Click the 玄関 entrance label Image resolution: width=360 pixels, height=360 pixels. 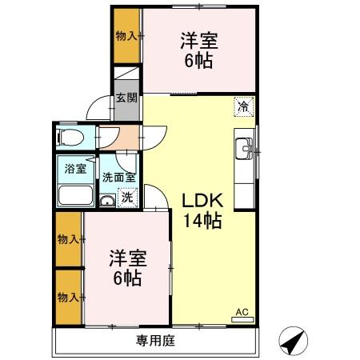click(x=126, y=98)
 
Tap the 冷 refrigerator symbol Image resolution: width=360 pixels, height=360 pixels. click(x=242, y=105)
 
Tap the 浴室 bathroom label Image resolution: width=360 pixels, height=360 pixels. click(x=74, y=169)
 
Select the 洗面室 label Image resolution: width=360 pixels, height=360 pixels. click(x=118, y=178)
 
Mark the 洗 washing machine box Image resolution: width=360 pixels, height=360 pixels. click(x=126, y=197)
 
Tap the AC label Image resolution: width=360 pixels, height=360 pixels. click(x=241, y=313)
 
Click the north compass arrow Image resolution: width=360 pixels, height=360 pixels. click(x=294, y=342)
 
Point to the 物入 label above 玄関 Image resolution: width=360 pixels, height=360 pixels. click(x=126, y=34)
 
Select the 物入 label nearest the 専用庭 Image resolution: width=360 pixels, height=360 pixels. click(x=68, y=297)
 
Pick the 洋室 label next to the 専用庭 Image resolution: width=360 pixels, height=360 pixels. click(x=126, y=268)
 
